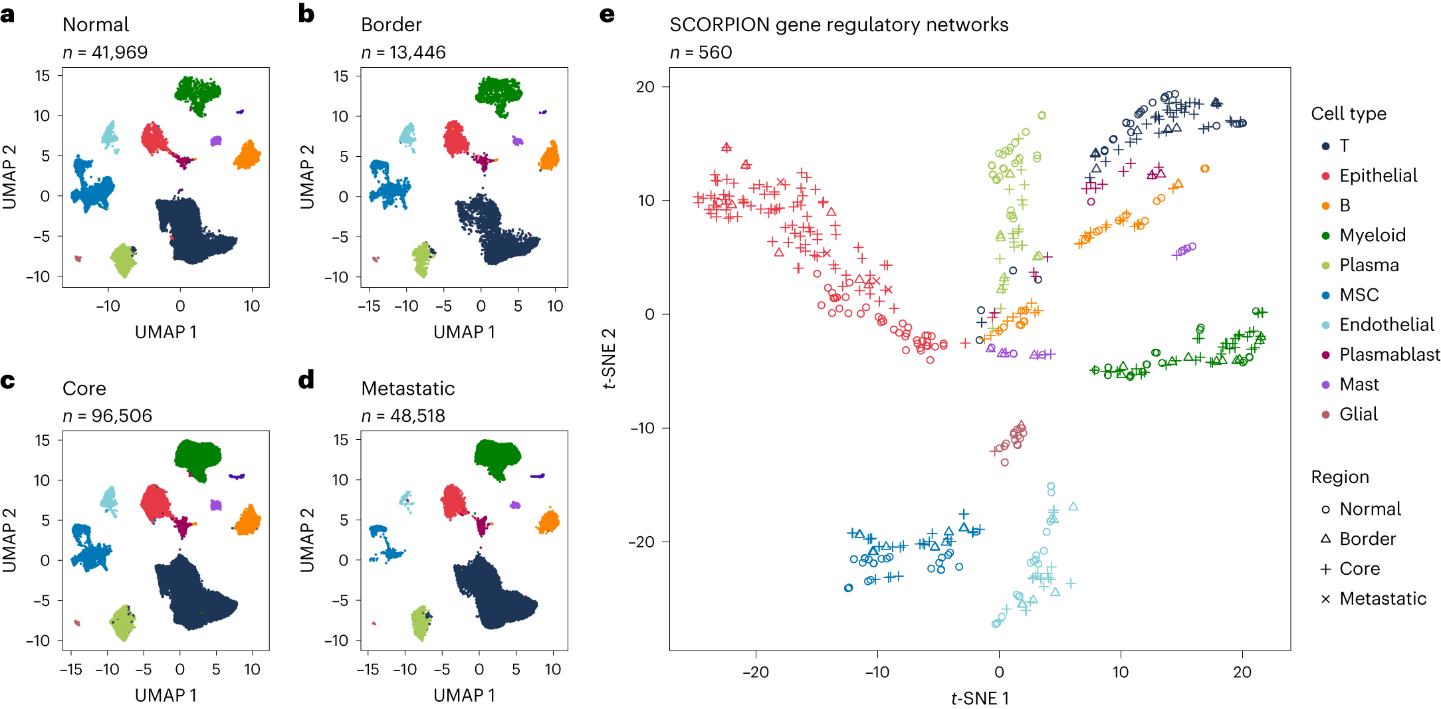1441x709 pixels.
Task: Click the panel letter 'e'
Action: pos(606,15)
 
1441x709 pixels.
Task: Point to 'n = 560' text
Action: pos(701,52)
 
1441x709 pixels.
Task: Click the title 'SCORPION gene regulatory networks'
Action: pos(838,25)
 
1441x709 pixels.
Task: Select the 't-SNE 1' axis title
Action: pos(979,698)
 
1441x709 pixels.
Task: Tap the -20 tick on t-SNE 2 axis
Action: pos(642,542)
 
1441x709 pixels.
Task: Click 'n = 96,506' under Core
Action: pos(107,416)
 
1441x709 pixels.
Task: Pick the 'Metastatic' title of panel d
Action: pos(407,389)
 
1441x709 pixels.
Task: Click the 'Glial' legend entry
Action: pos(1358,415)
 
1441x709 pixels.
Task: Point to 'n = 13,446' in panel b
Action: pos(403,52)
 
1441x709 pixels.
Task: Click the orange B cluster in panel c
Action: pos(248,520)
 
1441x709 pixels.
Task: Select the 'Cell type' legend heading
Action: pos(1348,114)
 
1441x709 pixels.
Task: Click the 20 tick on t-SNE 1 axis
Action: pos(1242,672)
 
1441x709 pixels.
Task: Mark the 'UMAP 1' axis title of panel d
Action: pos(464,695)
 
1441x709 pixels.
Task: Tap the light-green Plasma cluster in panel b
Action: pos(422,259)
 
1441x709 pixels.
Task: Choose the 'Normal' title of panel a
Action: pos(96,25)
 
